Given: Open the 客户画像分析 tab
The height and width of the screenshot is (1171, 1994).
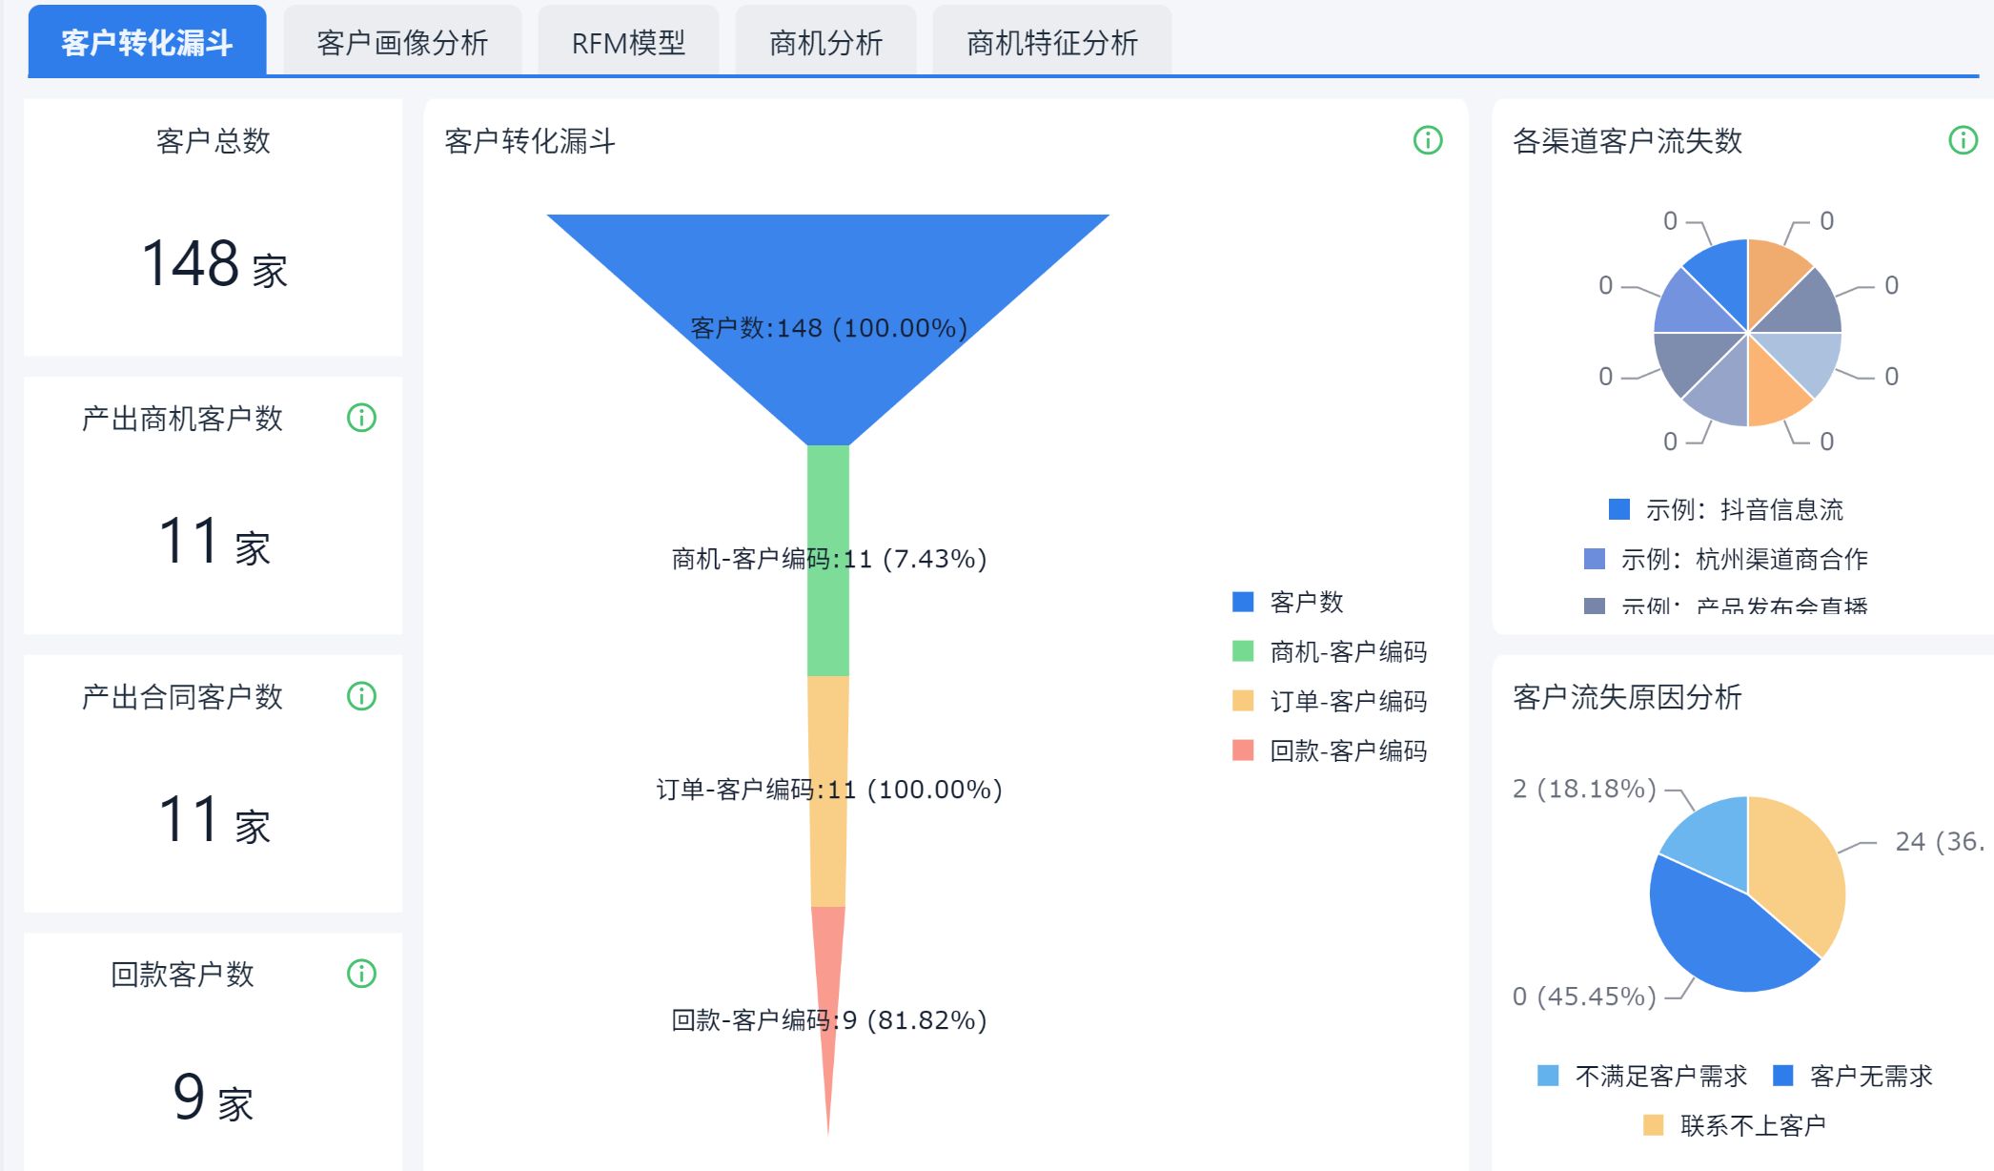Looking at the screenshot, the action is (x=401, y=43).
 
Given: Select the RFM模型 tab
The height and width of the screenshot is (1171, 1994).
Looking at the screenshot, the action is (x=628, y=43).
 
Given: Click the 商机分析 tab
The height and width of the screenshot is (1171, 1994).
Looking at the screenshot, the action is (x=825, y=43).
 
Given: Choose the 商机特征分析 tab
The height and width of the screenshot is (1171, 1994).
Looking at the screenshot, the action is (x=1051, y=43).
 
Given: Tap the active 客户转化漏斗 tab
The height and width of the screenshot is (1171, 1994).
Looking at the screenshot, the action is (x=147, y=43).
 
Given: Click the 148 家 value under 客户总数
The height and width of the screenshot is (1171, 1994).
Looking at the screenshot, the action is (x=214, y=264).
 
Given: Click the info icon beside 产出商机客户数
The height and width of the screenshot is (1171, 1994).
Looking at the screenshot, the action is (x=361, y=418).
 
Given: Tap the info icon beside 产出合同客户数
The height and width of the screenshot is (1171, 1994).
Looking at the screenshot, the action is (x=361, y=696).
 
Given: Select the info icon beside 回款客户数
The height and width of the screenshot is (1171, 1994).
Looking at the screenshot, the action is (x=361, y=974).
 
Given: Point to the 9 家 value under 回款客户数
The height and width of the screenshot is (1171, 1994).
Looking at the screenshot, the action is (x=214, y=1098).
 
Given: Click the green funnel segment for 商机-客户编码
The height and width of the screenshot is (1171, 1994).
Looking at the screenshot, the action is (x=827, y=610).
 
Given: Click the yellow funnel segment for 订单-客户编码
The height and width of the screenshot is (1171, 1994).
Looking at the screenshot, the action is (x=827, y=839).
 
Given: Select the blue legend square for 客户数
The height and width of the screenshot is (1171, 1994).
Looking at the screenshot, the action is (x=1243, y=602).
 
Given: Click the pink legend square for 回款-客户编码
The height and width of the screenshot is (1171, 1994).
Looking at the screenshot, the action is (x=1243, y=750).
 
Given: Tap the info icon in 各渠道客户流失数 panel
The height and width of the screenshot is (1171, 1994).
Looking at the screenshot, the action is (x=1963, y=140).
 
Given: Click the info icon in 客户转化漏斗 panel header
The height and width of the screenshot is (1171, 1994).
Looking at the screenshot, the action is (x=1427, y=140).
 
